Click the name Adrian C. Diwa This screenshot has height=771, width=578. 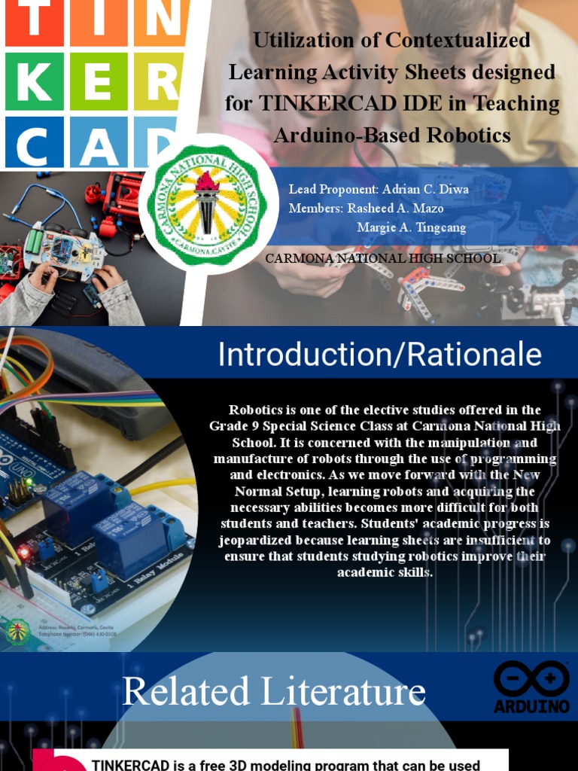click(424, 189)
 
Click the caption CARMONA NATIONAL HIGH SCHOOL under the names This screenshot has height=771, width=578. click(383, 258)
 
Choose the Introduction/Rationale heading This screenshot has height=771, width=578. click(379, 354)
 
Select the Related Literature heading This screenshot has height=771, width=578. click(274, 691)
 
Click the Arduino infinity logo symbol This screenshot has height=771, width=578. click(531, 679)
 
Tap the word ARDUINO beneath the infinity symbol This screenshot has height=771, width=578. click(531, 707)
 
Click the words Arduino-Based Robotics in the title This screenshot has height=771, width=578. click(392, 136)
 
